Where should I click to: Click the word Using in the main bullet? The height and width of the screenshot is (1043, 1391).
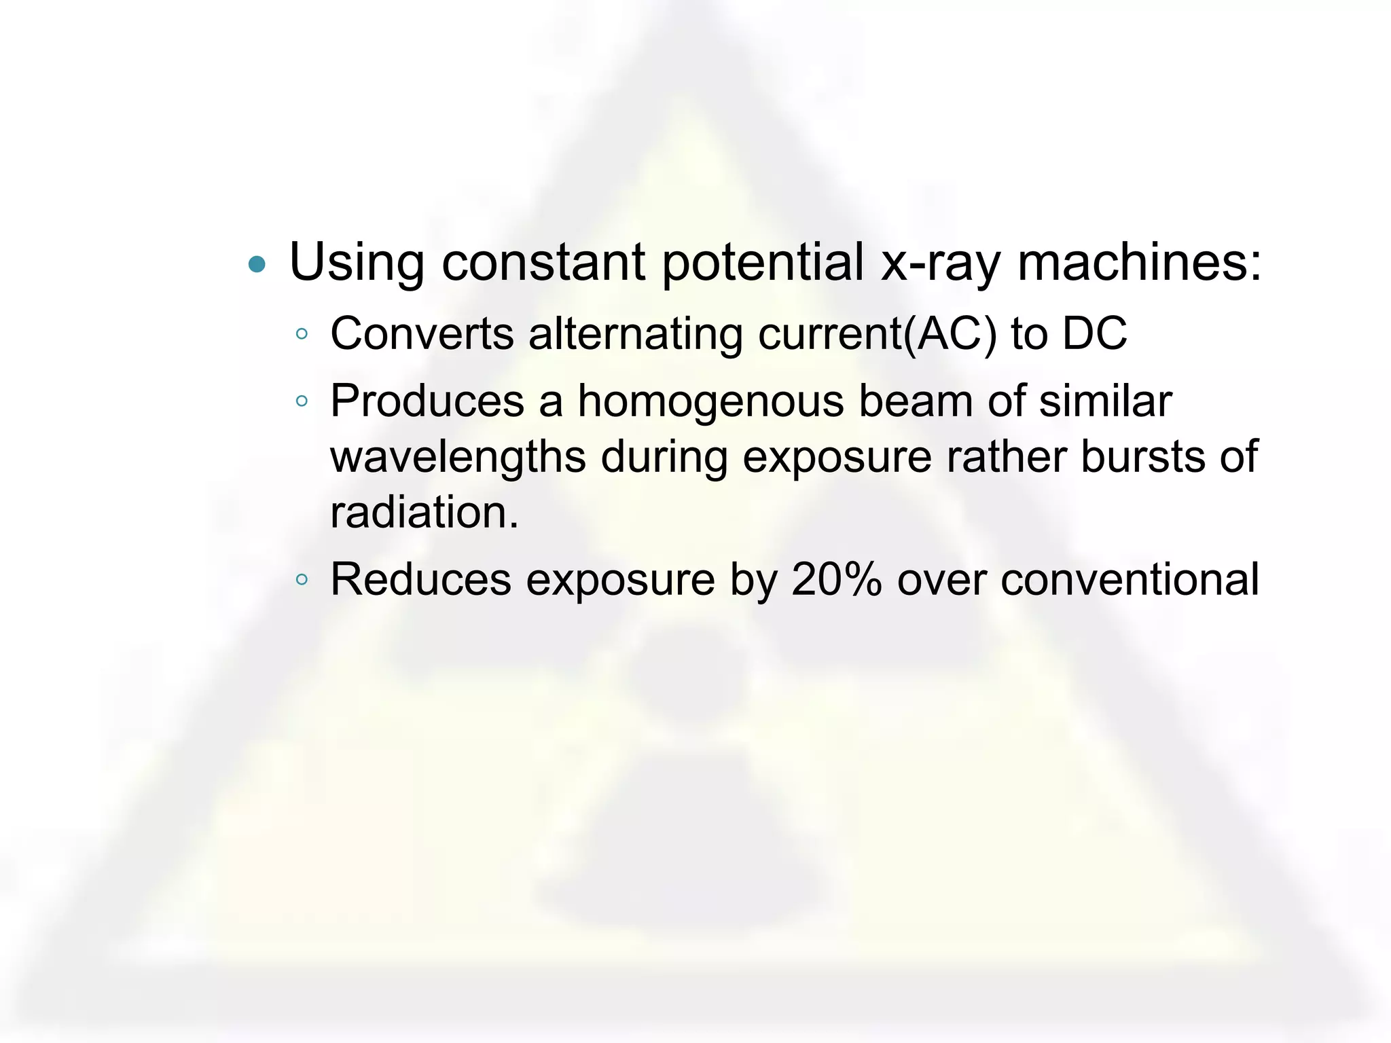(357, 263)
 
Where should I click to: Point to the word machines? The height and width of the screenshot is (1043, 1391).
(1139, 263)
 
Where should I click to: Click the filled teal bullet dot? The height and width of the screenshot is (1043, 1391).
(257, 263)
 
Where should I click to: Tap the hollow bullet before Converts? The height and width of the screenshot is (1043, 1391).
(302, 334)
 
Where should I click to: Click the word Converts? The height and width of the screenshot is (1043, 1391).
(422, 334)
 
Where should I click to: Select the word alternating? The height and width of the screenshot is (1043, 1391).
(636, 334)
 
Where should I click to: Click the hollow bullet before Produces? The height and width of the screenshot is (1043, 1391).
(302, 401)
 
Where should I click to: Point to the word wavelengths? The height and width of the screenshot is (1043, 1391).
(458, 457)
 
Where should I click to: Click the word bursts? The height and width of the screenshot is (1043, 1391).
(1142, 457)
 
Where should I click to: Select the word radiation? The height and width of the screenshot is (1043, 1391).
(424, 513)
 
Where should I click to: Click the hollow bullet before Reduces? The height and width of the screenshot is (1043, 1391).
(302, 580)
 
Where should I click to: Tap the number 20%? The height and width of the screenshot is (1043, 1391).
(836, 580)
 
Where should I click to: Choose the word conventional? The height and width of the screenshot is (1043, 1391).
(1130, 580)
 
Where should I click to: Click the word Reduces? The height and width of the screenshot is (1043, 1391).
(420, 580)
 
